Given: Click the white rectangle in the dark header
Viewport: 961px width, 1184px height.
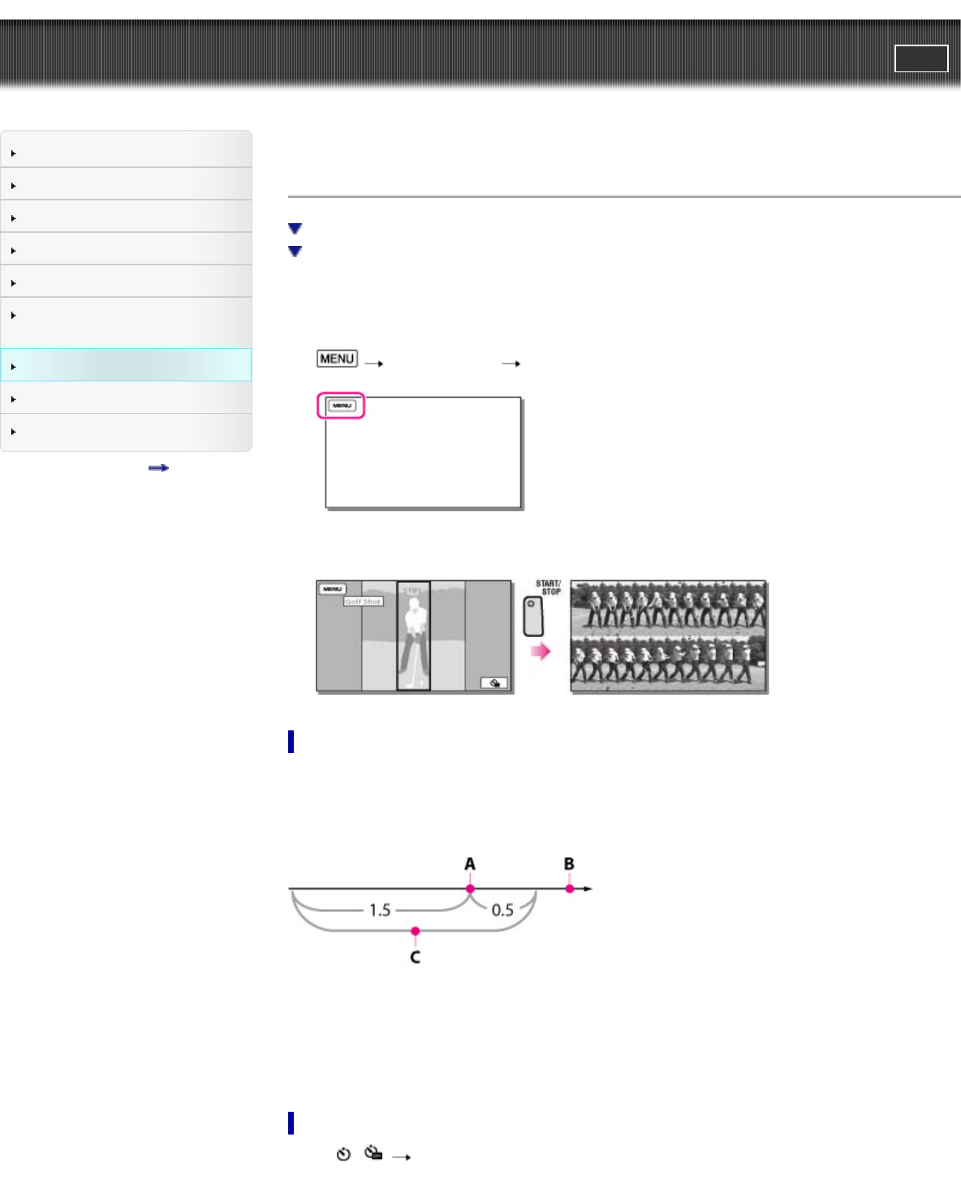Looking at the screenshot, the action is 921,58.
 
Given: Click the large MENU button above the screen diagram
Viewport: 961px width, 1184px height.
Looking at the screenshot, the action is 337,359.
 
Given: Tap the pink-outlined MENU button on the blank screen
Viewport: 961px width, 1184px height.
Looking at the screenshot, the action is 342,406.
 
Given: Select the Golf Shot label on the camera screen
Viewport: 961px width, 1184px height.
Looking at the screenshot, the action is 363,601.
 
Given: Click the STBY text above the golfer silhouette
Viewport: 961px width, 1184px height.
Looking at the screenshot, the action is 413,591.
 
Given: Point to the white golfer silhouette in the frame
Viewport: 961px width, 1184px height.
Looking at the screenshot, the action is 414,637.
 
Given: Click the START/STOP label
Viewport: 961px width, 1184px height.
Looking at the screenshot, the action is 548,588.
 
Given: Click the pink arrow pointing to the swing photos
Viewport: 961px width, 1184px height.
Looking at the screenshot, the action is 540,651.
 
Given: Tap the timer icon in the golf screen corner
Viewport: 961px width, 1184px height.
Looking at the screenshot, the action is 494,683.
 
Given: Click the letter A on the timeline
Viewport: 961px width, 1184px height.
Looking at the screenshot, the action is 470,864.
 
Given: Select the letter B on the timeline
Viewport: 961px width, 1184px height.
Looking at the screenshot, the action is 569,864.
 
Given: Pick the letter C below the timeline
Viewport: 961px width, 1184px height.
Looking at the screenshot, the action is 415,958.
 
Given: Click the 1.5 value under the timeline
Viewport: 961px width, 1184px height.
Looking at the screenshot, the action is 380,910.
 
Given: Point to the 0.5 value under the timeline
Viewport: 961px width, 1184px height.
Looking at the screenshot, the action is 502,910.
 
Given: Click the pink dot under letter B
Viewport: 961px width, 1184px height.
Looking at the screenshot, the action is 570,889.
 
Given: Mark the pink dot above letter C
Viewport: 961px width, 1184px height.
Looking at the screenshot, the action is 415,931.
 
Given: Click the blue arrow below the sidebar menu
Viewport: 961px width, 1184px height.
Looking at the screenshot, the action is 158,468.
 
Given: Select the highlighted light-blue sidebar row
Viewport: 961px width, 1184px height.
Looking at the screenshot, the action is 126,365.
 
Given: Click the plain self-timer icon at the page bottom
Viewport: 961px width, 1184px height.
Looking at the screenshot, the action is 343,1154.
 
